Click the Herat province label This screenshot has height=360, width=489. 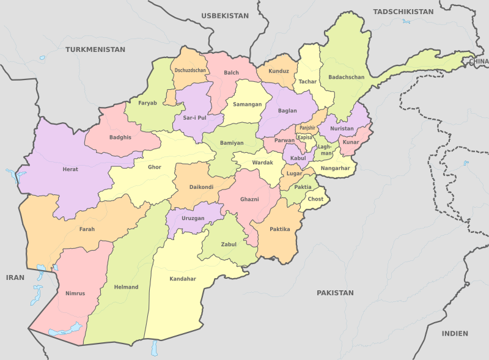(70, 169)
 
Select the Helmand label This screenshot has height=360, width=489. (127, 287)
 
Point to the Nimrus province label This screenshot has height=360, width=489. (75, 293)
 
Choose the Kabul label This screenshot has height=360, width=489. (298, 158)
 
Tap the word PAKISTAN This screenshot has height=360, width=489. (335, 293)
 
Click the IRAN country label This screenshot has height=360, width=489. (15, 277)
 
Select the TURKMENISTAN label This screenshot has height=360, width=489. (95, 49)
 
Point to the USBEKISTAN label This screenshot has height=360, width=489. (226, 16)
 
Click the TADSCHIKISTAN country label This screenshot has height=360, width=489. (403, 12)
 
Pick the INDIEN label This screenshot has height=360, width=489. (455, 333)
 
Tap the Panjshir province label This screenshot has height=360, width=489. (307, 128)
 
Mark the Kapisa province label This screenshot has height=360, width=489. (305, 138)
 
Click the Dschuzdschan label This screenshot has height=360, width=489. (190, 70)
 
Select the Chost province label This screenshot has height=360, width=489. (315, 199)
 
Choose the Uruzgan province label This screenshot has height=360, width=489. (193, 218)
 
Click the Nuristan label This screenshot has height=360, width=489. (342, 128)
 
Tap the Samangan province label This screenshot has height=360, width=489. (247, 105)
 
